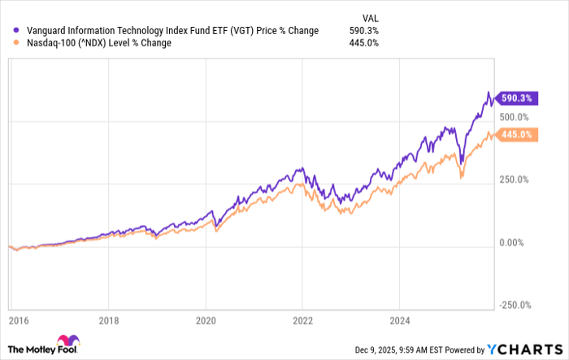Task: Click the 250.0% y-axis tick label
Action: coord(515,180)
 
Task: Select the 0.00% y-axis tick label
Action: coord(512,241)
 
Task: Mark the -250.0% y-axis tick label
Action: coord(515,304)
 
